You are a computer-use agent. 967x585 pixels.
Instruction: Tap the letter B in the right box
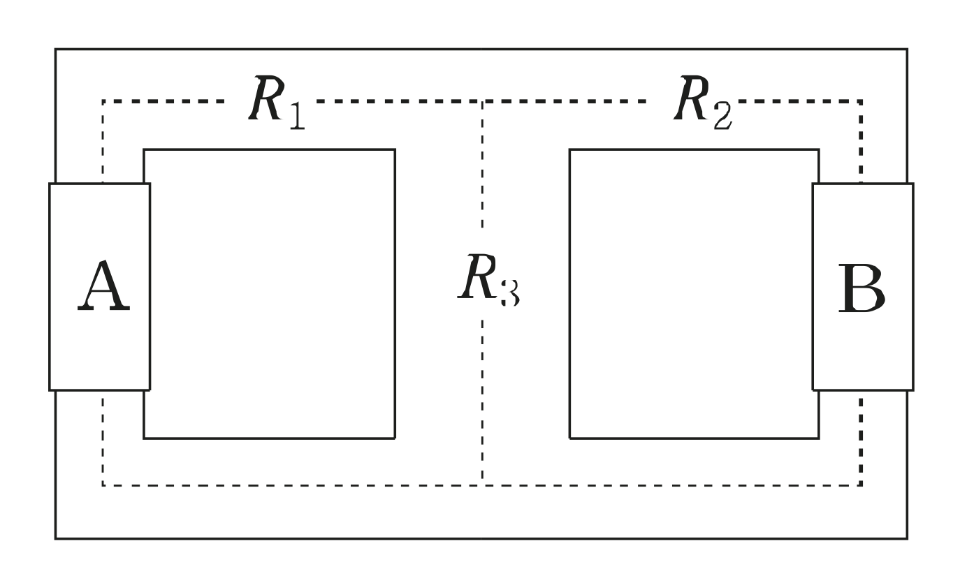(860, 288)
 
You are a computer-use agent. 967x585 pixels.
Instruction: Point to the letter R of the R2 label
(691, 99)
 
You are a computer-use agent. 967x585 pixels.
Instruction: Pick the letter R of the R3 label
(476, 277)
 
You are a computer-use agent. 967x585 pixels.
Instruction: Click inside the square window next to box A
(270, 293)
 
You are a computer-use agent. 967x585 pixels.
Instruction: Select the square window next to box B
(694, 293)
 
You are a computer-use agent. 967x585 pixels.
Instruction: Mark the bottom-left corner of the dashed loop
(103, 484)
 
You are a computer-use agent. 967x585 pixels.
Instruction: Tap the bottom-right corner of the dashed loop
(860, 484)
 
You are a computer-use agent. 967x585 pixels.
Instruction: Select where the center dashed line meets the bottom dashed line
(481, 484)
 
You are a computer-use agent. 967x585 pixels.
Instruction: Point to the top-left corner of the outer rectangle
(56, 50)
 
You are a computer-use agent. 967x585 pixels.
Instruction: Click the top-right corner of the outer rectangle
(908, 50)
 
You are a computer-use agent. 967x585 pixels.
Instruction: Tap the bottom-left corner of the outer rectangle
(56, 538)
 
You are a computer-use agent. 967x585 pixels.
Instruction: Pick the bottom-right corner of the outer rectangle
(908, 538)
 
